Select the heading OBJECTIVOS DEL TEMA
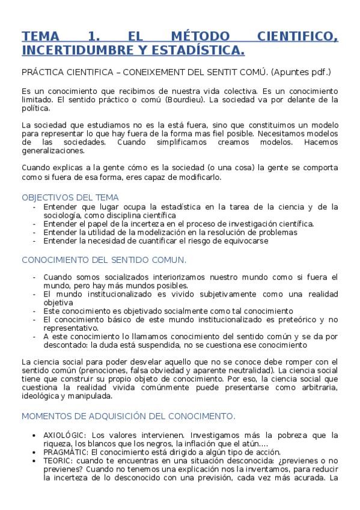click(70, 197)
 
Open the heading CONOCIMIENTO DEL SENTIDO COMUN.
click(103, 260)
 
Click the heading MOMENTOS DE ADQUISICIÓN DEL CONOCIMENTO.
click(128, 416)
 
